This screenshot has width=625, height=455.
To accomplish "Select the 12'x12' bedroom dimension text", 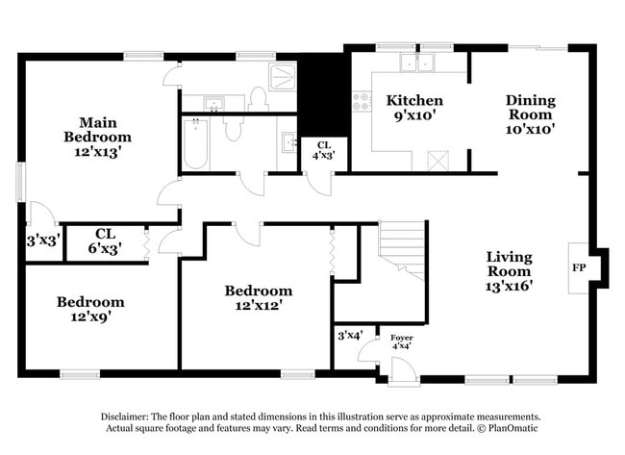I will click(258, 306).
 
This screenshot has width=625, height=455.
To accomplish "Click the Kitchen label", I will click(414, 100).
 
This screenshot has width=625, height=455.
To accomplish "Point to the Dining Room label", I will click(531, 112).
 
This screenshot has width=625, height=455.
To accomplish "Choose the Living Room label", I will click(509, 270).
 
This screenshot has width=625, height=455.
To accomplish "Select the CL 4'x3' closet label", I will click(323, 149).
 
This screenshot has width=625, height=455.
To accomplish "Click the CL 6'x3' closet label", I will click(105, 240).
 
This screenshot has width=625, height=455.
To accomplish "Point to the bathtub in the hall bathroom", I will click(195, 143).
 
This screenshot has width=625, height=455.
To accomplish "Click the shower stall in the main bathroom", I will click(286, 78).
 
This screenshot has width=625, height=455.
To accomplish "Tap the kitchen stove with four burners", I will click(362, 100).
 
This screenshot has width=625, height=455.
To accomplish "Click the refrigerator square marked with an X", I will click(438, 160).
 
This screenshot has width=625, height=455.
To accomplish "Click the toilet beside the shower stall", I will click(257, 97).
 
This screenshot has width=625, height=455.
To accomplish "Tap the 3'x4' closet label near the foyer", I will click(348, 335).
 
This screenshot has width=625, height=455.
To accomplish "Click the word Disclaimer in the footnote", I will click(127, 417).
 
